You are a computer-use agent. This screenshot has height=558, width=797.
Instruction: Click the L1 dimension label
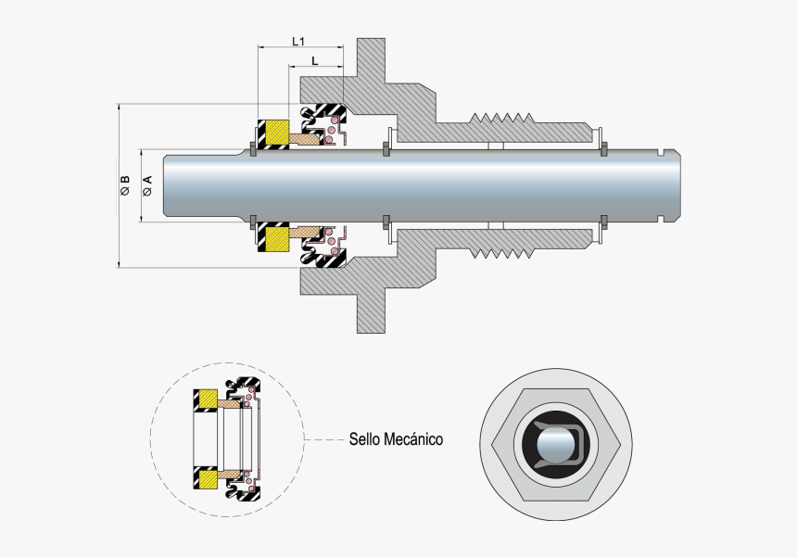(298, 41)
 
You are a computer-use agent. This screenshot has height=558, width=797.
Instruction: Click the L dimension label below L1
(315, 61)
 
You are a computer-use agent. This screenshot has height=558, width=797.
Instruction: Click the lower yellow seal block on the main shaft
(274, 239)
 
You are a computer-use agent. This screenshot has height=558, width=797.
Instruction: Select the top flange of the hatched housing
(372, 65)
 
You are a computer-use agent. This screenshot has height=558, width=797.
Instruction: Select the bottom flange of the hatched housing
(372, 306)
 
